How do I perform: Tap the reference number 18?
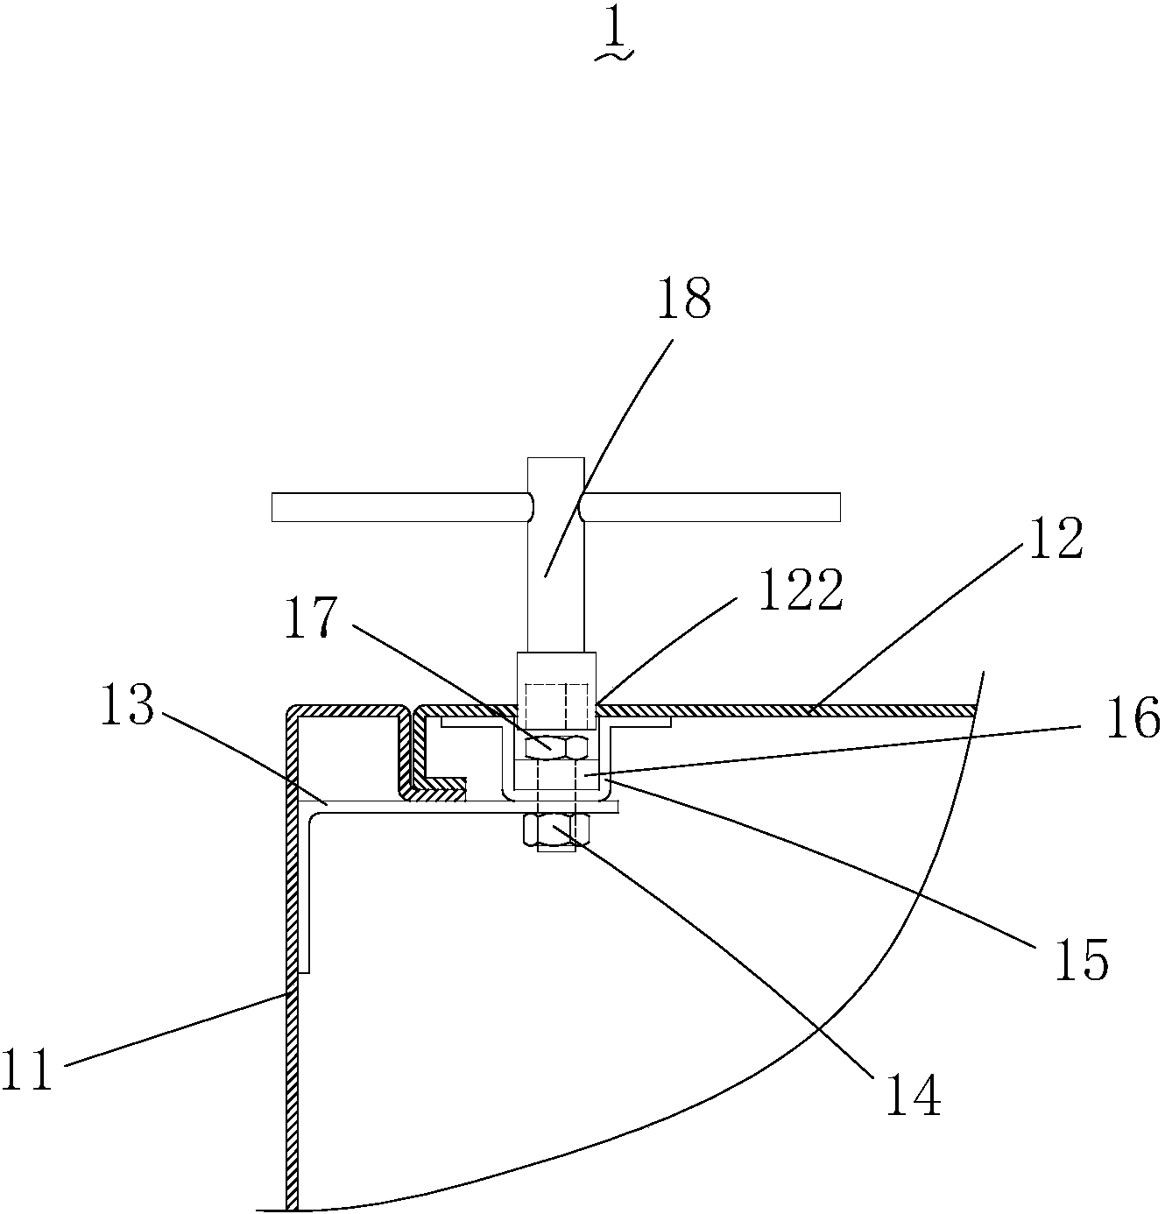[686, 300]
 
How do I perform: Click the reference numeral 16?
[1133, 720]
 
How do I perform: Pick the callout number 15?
[1081, 959]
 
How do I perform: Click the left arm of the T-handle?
[399, 507]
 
